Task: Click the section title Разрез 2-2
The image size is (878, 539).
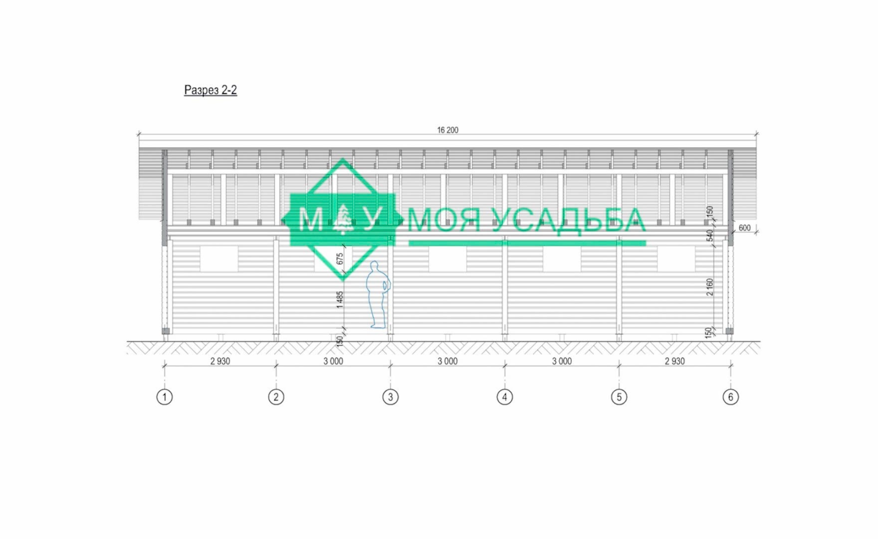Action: pos(211,90)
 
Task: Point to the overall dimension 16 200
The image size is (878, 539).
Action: pos(447,130)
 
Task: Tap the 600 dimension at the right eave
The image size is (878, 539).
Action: pos(744,228)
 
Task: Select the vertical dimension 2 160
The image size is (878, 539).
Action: pos(710,287)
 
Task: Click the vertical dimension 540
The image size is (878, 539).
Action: pos(710,236)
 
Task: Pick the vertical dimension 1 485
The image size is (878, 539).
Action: pos(340,300)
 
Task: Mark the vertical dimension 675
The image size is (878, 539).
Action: pos(340,259)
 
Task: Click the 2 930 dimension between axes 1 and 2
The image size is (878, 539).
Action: pos(220,361)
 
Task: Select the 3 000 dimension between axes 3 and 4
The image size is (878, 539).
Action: pos(447,361)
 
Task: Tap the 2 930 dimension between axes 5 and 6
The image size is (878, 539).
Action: pos(674,361)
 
